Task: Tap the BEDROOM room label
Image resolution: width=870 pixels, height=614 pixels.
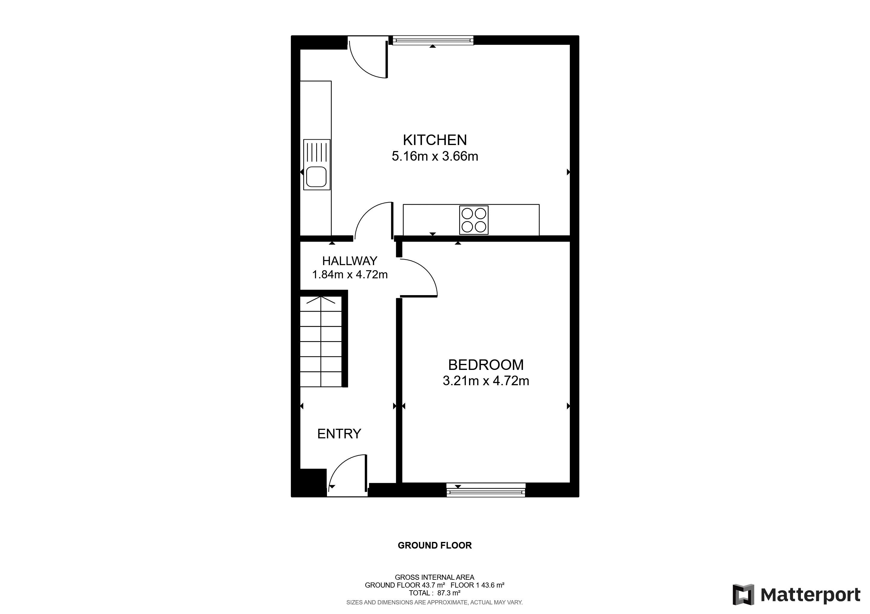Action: coord(486,365)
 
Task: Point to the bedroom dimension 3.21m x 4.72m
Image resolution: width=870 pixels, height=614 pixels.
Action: coord(486,381)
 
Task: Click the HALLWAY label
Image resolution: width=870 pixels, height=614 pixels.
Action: coord(350,261)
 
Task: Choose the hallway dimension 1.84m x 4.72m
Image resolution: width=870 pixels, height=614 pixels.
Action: coord(350,274)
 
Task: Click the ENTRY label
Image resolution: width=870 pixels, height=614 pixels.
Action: coord(339,434)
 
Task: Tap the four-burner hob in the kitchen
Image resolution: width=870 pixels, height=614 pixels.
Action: coord(474,220)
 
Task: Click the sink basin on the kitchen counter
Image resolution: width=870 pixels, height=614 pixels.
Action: coord(316,177)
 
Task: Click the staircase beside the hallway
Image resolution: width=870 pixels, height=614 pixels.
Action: coord(321,342)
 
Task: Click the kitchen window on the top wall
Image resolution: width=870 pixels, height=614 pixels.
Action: coord(433,40)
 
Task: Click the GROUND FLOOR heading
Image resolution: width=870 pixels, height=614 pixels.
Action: coord(435,546)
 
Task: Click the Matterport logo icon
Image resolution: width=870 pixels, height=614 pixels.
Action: coord(743,595)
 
